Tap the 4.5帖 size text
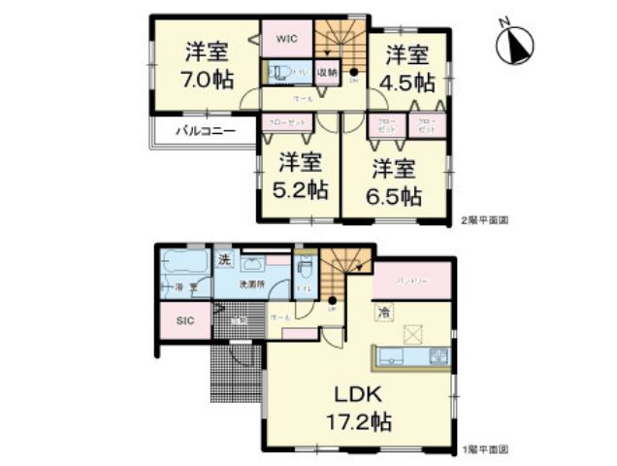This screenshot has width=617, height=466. tap(408, 83)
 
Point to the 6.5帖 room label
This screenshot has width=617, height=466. tap(397, 195)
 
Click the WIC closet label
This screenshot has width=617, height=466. tap(286, 39)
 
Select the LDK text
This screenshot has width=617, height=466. tap(360, 396)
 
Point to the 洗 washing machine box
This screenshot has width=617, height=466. tap(224, 259)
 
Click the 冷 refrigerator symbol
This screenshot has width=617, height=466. tap(384, 312)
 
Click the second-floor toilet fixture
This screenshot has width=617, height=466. tap(278, 72)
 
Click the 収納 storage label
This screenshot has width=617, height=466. tap(326, 71)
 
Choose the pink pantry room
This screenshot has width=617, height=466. tap(412, 280)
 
